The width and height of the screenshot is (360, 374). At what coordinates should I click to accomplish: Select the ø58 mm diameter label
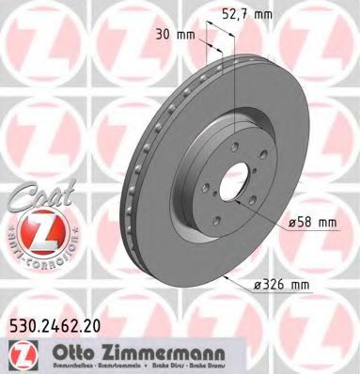click(x=315, y=222)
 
